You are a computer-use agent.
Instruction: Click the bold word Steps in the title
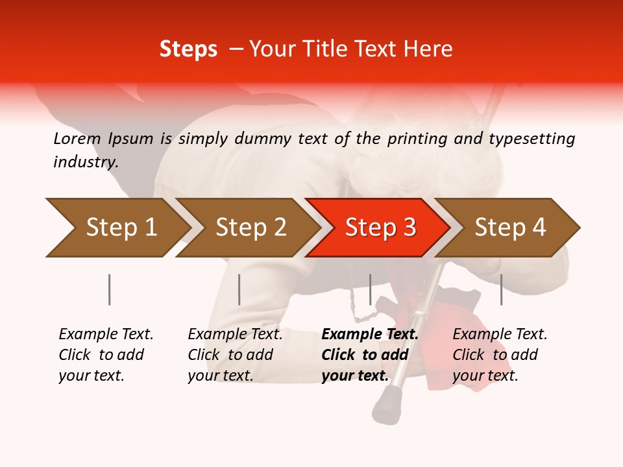pyautogui.click(x=188, y=49)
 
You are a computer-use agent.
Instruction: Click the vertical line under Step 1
pyautogui.click(x=109, y=289)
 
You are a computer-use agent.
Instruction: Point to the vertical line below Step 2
pyautogui.click(x=239, y=289)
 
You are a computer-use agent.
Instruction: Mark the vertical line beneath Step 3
pyautogui.click(x=370, y=289)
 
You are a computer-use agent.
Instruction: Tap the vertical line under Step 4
pyautogui.click(x=501, y=289)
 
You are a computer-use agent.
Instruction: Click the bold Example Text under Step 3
pyautogui.click(x=370, y=355)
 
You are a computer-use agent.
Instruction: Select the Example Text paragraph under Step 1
pyautogui.click(x=106, y=355)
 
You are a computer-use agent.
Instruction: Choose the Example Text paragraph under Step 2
pyautogui.click(x=235, y=355)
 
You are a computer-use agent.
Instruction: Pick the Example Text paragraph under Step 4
pyautogui.click(x=500, y=355)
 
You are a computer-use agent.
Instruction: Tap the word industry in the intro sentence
pyautogui.click(x=86, y=162)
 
